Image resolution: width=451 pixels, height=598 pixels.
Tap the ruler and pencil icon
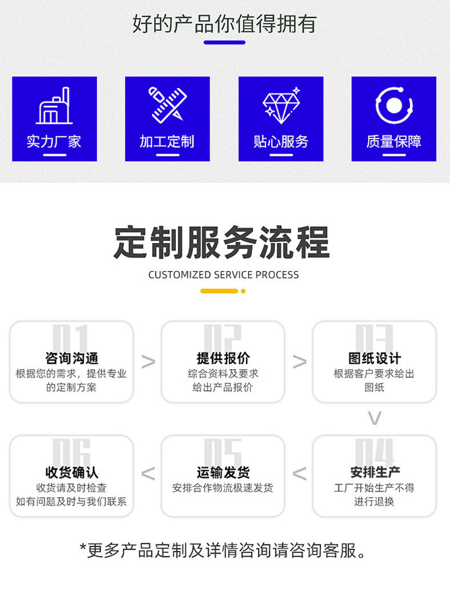coord(167,104)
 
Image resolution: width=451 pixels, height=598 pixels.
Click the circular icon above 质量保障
coord(394,105)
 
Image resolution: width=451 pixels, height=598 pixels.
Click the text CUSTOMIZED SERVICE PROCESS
coord(223,274)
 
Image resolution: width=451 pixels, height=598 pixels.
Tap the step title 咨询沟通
coord(71,358)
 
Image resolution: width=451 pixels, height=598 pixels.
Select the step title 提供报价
coord(223,358)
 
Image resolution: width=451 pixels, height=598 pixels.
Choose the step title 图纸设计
coord(375,358)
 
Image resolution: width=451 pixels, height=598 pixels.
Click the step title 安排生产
coord(375,472)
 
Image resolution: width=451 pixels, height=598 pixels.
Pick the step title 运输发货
coord(223,472)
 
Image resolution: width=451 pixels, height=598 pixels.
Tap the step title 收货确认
coord(71,472)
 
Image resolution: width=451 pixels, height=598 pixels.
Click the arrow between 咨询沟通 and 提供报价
coord(148,362)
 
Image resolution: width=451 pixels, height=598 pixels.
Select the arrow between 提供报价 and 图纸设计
coord(299,362)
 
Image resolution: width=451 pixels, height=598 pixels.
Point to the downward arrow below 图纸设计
coord(374,419)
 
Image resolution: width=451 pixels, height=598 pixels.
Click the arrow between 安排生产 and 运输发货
coord(299,474)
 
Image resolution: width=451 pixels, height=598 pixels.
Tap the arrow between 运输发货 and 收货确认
coord(148,474)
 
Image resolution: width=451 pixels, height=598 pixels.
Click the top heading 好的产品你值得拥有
coord(224,24)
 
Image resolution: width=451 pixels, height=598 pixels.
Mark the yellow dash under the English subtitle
coord(219,291)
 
